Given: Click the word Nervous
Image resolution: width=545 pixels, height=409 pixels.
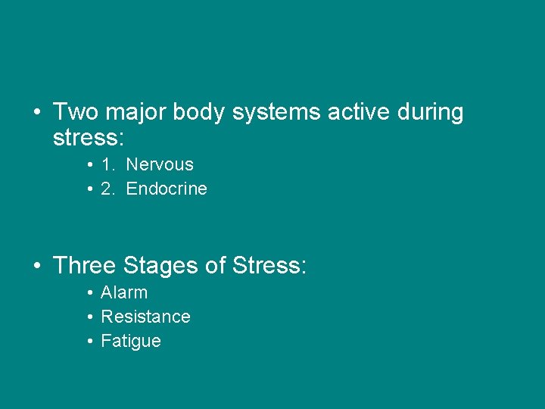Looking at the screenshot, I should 160,164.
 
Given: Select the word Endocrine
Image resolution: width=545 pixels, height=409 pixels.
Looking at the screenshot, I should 167,189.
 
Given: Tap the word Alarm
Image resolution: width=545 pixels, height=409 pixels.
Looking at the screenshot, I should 124,292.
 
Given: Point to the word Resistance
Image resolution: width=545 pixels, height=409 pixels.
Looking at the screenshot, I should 145,317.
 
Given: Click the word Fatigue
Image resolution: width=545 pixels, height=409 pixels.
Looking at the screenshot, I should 131,341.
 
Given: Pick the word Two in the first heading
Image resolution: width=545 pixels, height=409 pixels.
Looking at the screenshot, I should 76,112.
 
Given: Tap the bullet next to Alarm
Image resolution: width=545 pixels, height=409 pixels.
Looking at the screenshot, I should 90,293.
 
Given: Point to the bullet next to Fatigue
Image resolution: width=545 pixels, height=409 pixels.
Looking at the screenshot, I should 90,342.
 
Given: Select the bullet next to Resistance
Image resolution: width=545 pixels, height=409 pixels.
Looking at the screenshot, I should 90,317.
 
